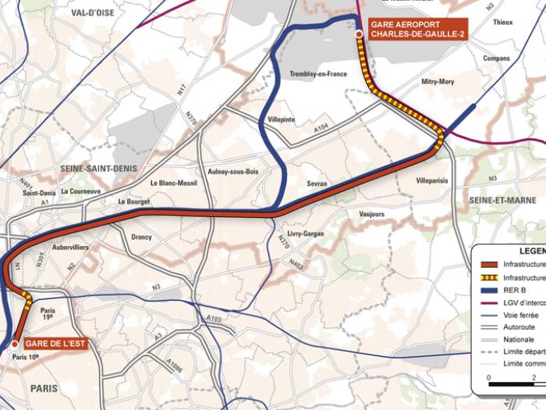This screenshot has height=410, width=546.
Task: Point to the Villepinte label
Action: click(282, 119)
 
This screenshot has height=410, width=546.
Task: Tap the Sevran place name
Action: click(317, 184)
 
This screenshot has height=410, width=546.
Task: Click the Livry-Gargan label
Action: click(305, 234)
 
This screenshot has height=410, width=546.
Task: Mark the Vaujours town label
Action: click(372, 213)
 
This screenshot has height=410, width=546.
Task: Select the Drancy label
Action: click(142, 237)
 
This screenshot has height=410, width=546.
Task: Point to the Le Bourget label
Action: click(133, 201)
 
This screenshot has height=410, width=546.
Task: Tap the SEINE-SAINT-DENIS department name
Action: click(93, 168)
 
